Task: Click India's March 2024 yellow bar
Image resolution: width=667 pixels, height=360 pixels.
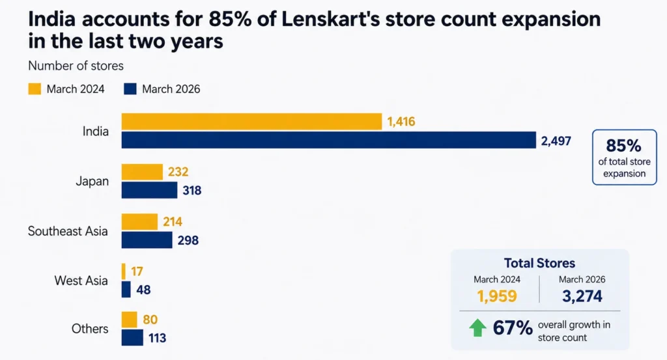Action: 251,122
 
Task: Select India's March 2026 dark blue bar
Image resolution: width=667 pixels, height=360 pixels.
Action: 329,140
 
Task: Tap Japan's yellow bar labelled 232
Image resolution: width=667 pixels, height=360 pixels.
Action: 142,172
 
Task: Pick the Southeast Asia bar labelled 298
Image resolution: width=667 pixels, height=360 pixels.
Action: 147,240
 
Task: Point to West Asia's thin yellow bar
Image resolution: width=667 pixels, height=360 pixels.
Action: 123,271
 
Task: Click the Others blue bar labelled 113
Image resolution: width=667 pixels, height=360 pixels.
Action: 132,338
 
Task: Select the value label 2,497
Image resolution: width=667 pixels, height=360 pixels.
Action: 556,141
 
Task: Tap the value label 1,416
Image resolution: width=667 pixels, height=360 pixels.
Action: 401,122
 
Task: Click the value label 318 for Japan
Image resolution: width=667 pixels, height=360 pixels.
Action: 192,190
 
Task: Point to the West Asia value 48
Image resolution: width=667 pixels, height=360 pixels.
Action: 143,290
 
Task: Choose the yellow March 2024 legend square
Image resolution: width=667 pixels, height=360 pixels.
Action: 35,89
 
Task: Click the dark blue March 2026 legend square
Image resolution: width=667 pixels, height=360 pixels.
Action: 130,89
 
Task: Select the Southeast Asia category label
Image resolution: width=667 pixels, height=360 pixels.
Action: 68,231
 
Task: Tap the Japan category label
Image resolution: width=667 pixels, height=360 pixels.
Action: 92,181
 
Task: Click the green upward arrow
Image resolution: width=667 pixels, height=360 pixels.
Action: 477,327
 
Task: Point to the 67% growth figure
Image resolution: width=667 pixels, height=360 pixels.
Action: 513,327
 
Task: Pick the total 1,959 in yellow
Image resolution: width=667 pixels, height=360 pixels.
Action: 497,296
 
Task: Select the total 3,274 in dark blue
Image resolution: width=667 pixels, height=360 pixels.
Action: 582,296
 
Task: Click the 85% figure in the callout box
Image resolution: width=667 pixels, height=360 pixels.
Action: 623,146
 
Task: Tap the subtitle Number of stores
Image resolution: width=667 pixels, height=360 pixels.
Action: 76,66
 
